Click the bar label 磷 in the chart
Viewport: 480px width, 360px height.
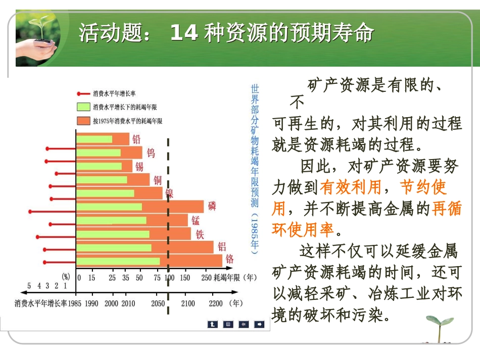coord(212,206)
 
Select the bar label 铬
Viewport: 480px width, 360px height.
coord(229,259)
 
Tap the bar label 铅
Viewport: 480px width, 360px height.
coord(136,139)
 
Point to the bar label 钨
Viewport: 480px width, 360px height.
coord(151,152)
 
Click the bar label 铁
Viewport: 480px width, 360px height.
coord(200,234)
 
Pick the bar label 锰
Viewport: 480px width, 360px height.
coord(196,220)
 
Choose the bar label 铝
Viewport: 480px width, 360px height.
coord(222,246)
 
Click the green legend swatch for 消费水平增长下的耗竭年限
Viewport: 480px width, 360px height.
coord(83,107)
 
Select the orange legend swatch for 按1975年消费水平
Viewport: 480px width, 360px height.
coord(83,121)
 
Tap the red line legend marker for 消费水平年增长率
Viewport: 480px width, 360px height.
coord(83,94)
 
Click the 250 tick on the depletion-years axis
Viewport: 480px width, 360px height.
coord(206,277)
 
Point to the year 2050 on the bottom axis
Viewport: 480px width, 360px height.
coord(158,303)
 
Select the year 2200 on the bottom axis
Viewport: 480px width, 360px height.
coord(216,303)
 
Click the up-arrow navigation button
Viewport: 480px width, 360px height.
coord(213,324)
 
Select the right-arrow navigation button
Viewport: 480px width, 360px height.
coord(259,324)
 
